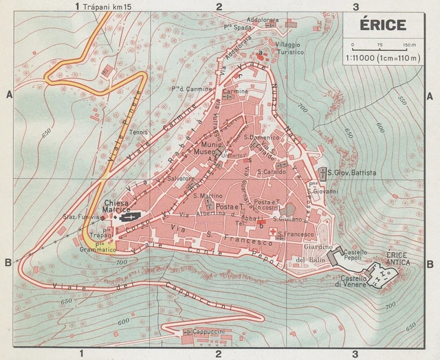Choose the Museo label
(x=203, y=152)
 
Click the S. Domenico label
(x=263, y=137)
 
